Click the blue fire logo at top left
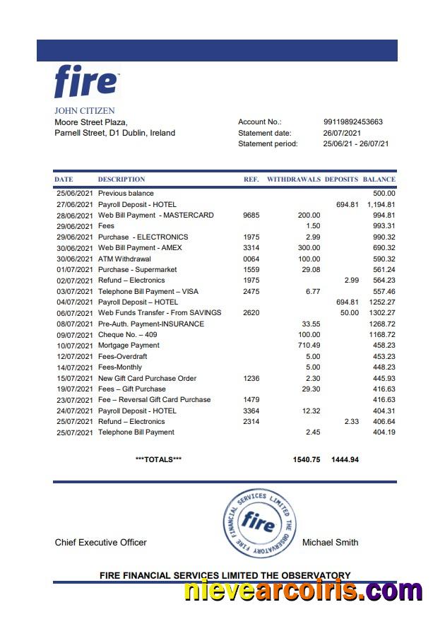tap(86, 82)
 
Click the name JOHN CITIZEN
tap(85, 111)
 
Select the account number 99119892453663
tap(353, 122)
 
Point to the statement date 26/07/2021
tap(343, 133)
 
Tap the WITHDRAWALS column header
tap(293, 179)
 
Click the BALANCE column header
tap(379, 179)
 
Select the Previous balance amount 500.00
tap(384, 193)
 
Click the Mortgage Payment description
tap(129, 346)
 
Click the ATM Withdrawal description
tap(124, 259)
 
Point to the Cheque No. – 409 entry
tap(127, 334)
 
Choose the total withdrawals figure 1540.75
tap(307, 459)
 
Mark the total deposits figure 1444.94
tap(345, 459)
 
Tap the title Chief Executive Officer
tap(101, 543)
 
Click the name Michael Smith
tap(330, 543)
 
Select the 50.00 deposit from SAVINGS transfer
tap(349, 312)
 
